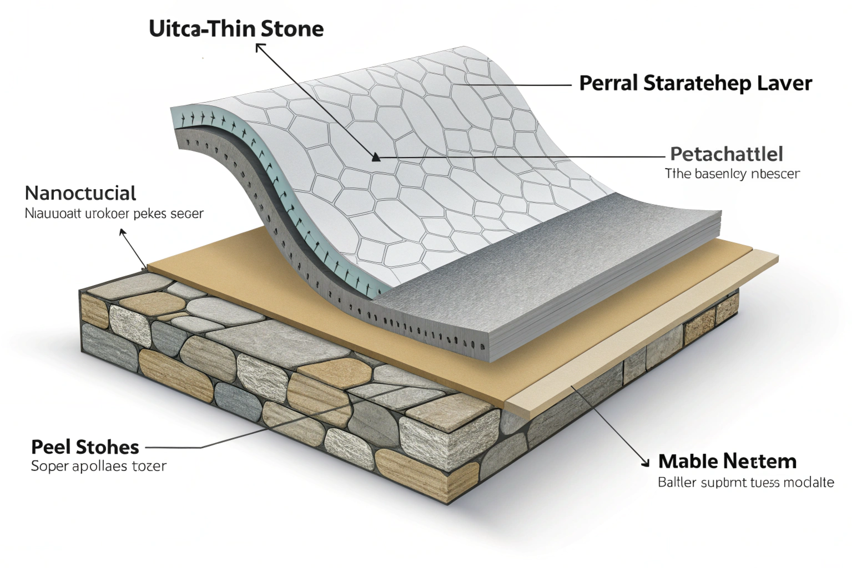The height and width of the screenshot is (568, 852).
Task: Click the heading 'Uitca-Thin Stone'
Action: coord(236,29)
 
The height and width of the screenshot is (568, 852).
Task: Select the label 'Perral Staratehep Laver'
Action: coord(695,83)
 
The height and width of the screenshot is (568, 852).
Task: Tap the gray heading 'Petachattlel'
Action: coord(726,154)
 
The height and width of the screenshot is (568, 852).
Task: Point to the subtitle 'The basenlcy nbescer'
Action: coord(732,174)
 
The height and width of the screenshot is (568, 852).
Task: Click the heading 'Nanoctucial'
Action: coord(80,193)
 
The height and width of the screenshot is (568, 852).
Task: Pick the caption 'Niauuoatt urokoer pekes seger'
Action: coord(114,213)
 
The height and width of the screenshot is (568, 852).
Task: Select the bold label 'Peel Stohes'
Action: coord(85,447)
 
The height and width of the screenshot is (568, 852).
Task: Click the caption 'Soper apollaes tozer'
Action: coord(98,466)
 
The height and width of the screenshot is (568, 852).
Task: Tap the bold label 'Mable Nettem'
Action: coord(727,461)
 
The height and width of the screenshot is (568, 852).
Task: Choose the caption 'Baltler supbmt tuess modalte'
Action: coord(745,482)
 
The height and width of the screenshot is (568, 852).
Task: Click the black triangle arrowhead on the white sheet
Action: coord(376,158)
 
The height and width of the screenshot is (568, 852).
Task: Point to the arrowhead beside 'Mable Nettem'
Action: coord(644,462)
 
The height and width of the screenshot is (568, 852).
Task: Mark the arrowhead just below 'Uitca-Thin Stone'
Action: coord(259,48)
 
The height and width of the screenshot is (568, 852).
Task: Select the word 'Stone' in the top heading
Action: coord(293,29)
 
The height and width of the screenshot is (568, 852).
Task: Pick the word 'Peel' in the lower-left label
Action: coord(51,447)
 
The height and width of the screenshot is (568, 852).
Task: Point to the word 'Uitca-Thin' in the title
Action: coord(204,29)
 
